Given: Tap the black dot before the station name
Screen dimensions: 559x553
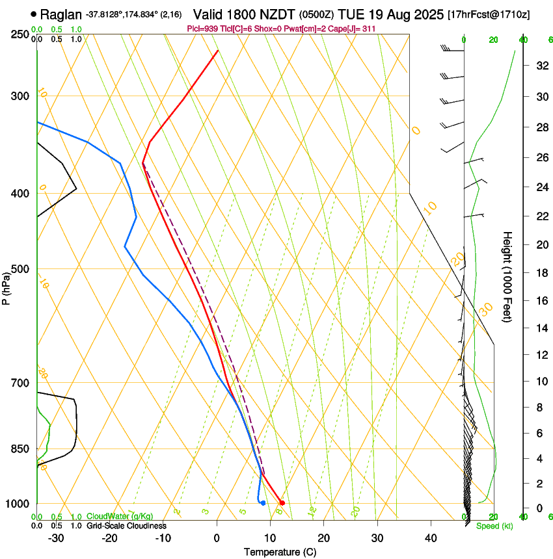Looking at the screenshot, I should point(33,14).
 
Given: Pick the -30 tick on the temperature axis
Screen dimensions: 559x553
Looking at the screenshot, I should point(56,538).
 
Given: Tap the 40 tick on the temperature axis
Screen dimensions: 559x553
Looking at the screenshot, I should point(431,538).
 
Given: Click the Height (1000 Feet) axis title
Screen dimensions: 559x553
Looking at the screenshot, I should point(507,277).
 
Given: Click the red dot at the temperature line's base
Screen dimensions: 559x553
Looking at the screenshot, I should point(282,502).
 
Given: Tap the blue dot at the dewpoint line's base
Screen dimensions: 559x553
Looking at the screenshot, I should point(263,502).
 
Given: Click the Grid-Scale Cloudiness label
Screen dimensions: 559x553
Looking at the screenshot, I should point(126,525).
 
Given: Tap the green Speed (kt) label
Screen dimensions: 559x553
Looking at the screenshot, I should point(494,526).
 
